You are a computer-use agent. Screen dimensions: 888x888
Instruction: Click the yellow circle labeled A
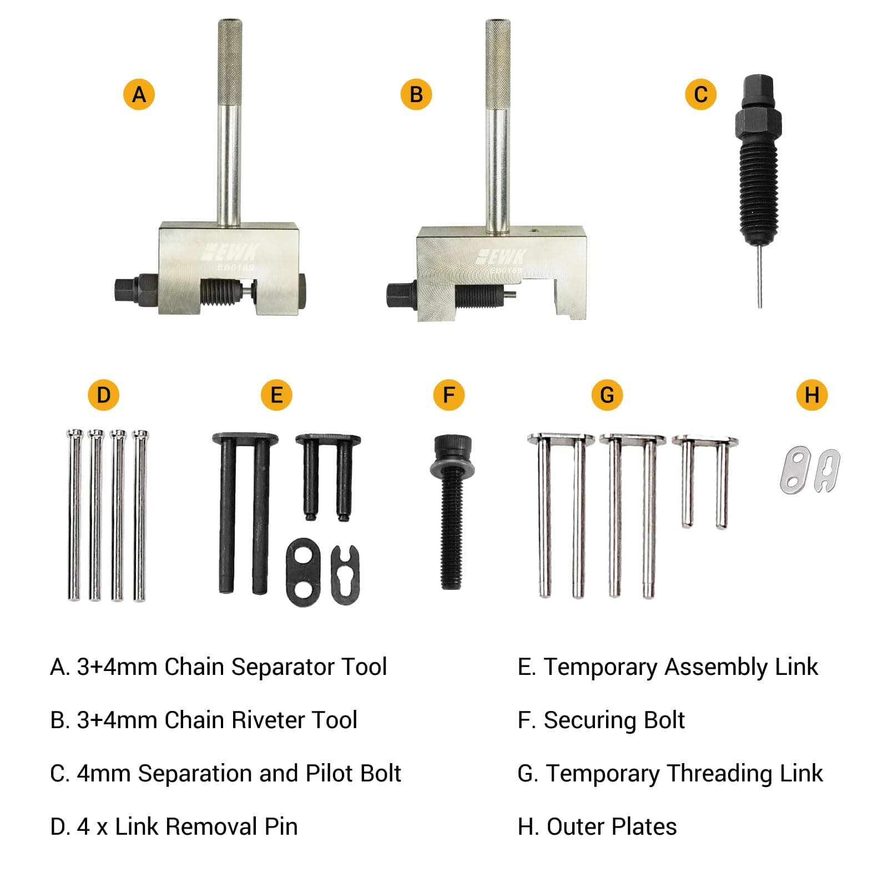pyautogui.click(x=139, y=94)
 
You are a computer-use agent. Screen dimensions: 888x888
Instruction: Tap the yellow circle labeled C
pyautogui.click(x=700, y=94)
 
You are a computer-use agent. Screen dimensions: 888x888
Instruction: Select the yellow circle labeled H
pyautogui.click(x=811, y=395)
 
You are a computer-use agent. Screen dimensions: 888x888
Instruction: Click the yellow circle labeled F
pyautogui.click(x=448, y=395)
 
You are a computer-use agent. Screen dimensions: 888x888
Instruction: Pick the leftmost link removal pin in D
pyautogui.click(x=74, y=516)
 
